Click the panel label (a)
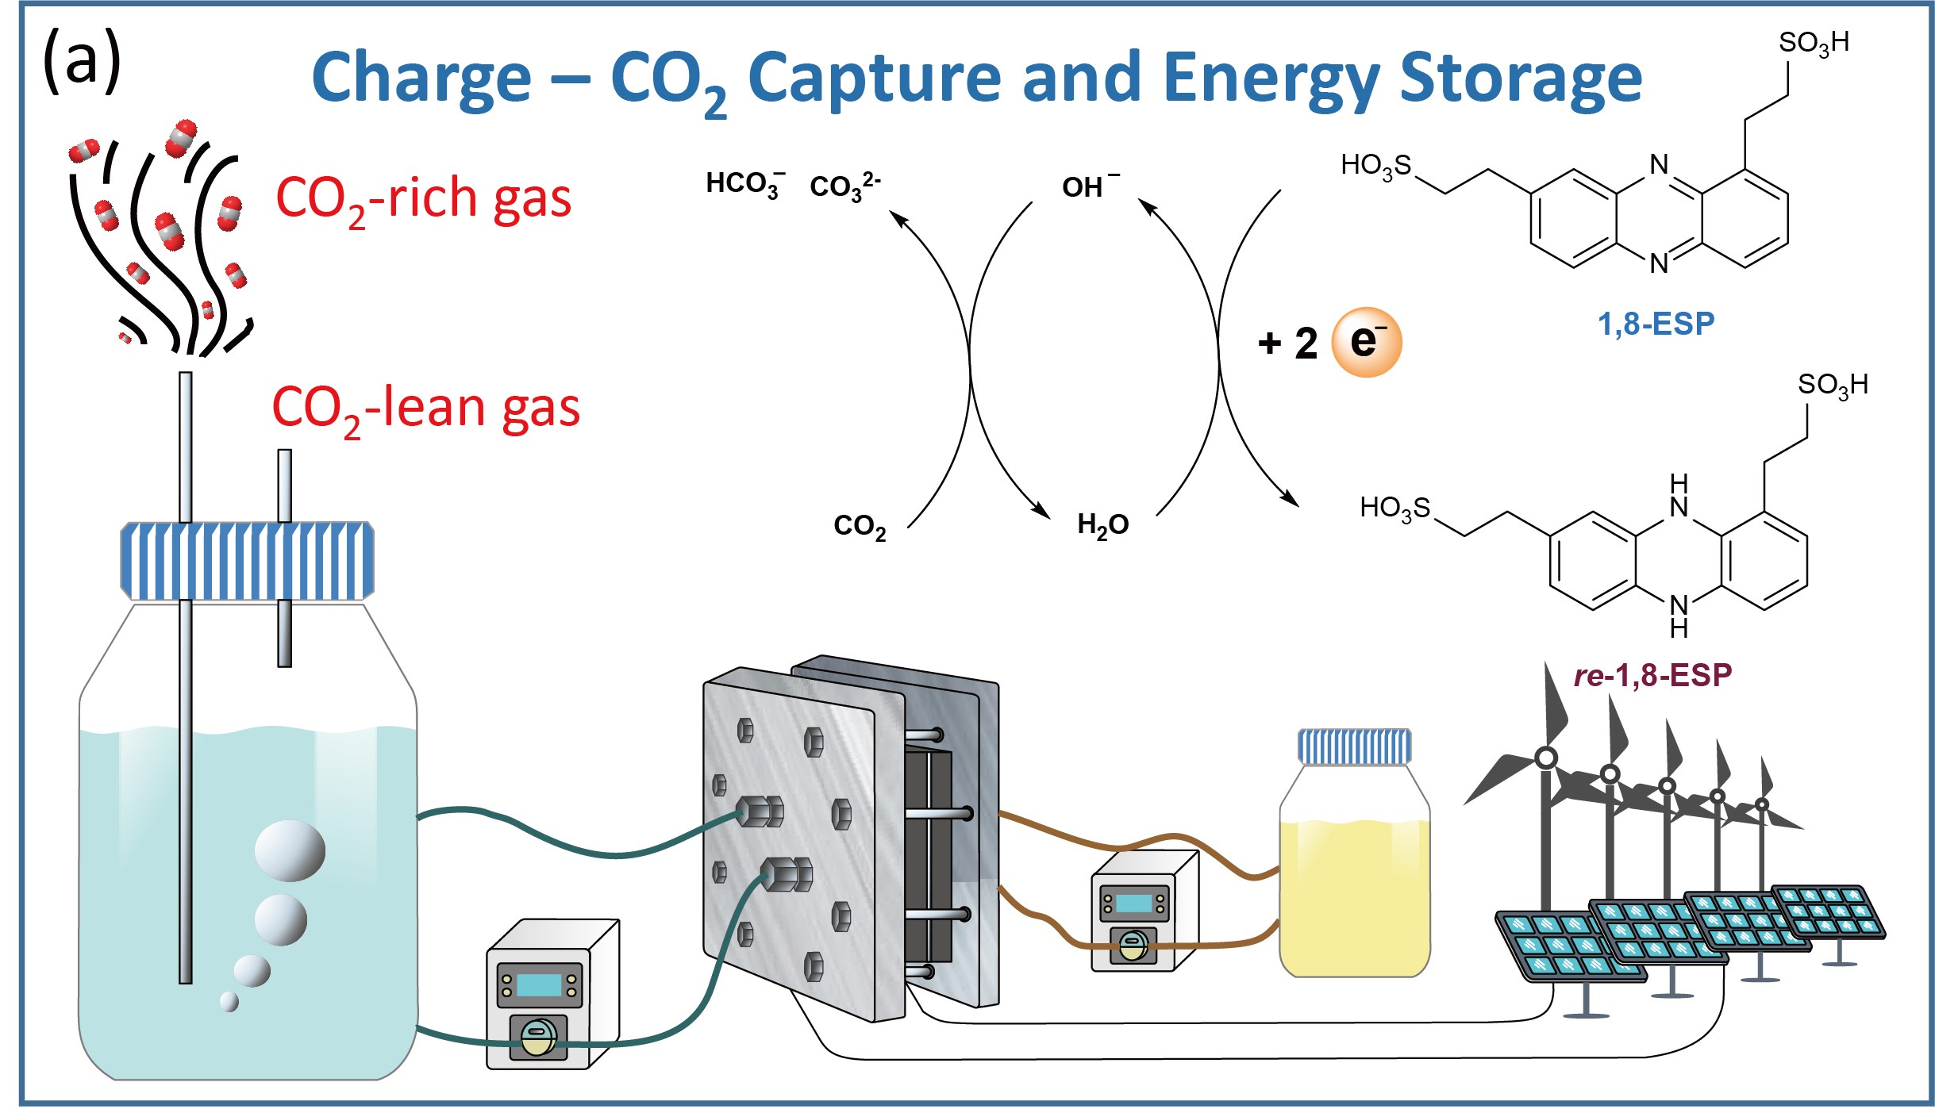pos(82,61)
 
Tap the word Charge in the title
pos(421,79)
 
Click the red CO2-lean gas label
pos(425,409)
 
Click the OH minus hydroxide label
pos(1089,186)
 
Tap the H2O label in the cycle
pos(1102,524)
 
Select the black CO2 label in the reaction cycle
pos(860,526)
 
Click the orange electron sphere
pos(1366,342)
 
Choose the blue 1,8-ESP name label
pos(1656,324)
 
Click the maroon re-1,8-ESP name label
pos(1652,675)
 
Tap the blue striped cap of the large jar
pos(247,560)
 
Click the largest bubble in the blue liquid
pos(290,850)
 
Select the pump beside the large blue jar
pos(552,995)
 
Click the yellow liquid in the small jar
pos(1354,896)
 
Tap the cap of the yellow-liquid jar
pos(1354,746)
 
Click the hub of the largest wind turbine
pos(1545,758)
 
